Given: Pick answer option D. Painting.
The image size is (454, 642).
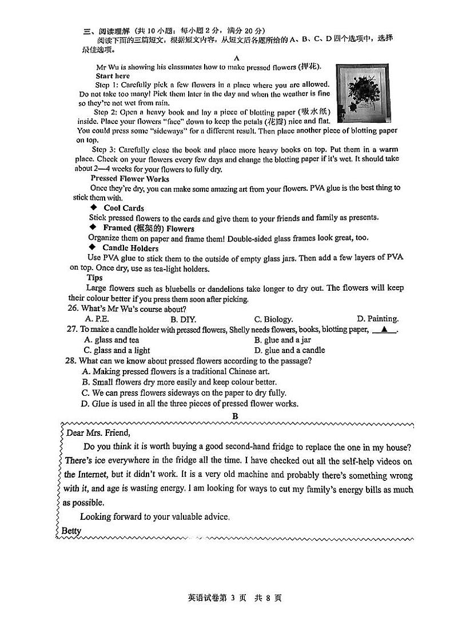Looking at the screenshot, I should coord(377,319).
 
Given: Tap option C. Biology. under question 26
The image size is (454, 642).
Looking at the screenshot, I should coord(273,319).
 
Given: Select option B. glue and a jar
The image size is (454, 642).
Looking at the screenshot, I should coord(290,340).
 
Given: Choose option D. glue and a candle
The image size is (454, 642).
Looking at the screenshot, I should coord(289,350).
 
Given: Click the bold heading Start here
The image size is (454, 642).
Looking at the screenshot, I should coord(113,76).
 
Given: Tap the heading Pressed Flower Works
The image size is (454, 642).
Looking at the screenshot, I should coord(130,179).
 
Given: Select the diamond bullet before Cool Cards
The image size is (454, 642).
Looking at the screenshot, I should coord(94,208).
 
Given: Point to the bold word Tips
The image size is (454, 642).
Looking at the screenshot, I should coord(94,278).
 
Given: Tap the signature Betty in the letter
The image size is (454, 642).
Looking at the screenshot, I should coord(71,531).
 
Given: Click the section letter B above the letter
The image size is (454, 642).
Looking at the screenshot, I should coord(235,416).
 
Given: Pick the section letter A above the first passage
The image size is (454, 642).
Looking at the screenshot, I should coord(236,58).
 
